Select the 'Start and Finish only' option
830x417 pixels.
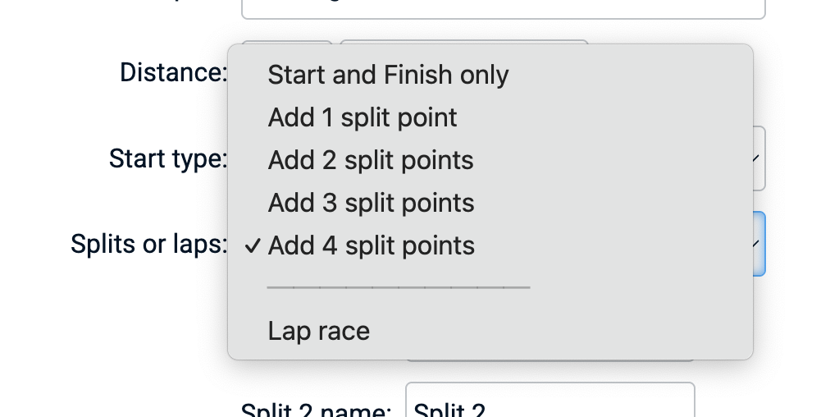pos(388,76)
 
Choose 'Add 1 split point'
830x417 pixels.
pos(363,118)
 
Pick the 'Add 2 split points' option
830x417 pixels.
pos(371,160)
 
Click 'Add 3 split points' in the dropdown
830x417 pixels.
pos(371,203)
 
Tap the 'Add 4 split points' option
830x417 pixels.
pos(371,245)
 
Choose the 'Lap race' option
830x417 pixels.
pos(318,331)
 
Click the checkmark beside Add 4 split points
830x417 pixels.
pos(253,245)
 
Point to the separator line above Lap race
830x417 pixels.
pos(399,288)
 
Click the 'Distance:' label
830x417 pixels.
pos(173,73)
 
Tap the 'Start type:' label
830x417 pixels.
pos(167,158)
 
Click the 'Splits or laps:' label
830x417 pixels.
pos(148,244)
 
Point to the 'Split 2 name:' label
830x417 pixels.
pos(316,410)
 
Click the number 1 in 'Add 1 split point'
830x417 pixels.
pos(327,118)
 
